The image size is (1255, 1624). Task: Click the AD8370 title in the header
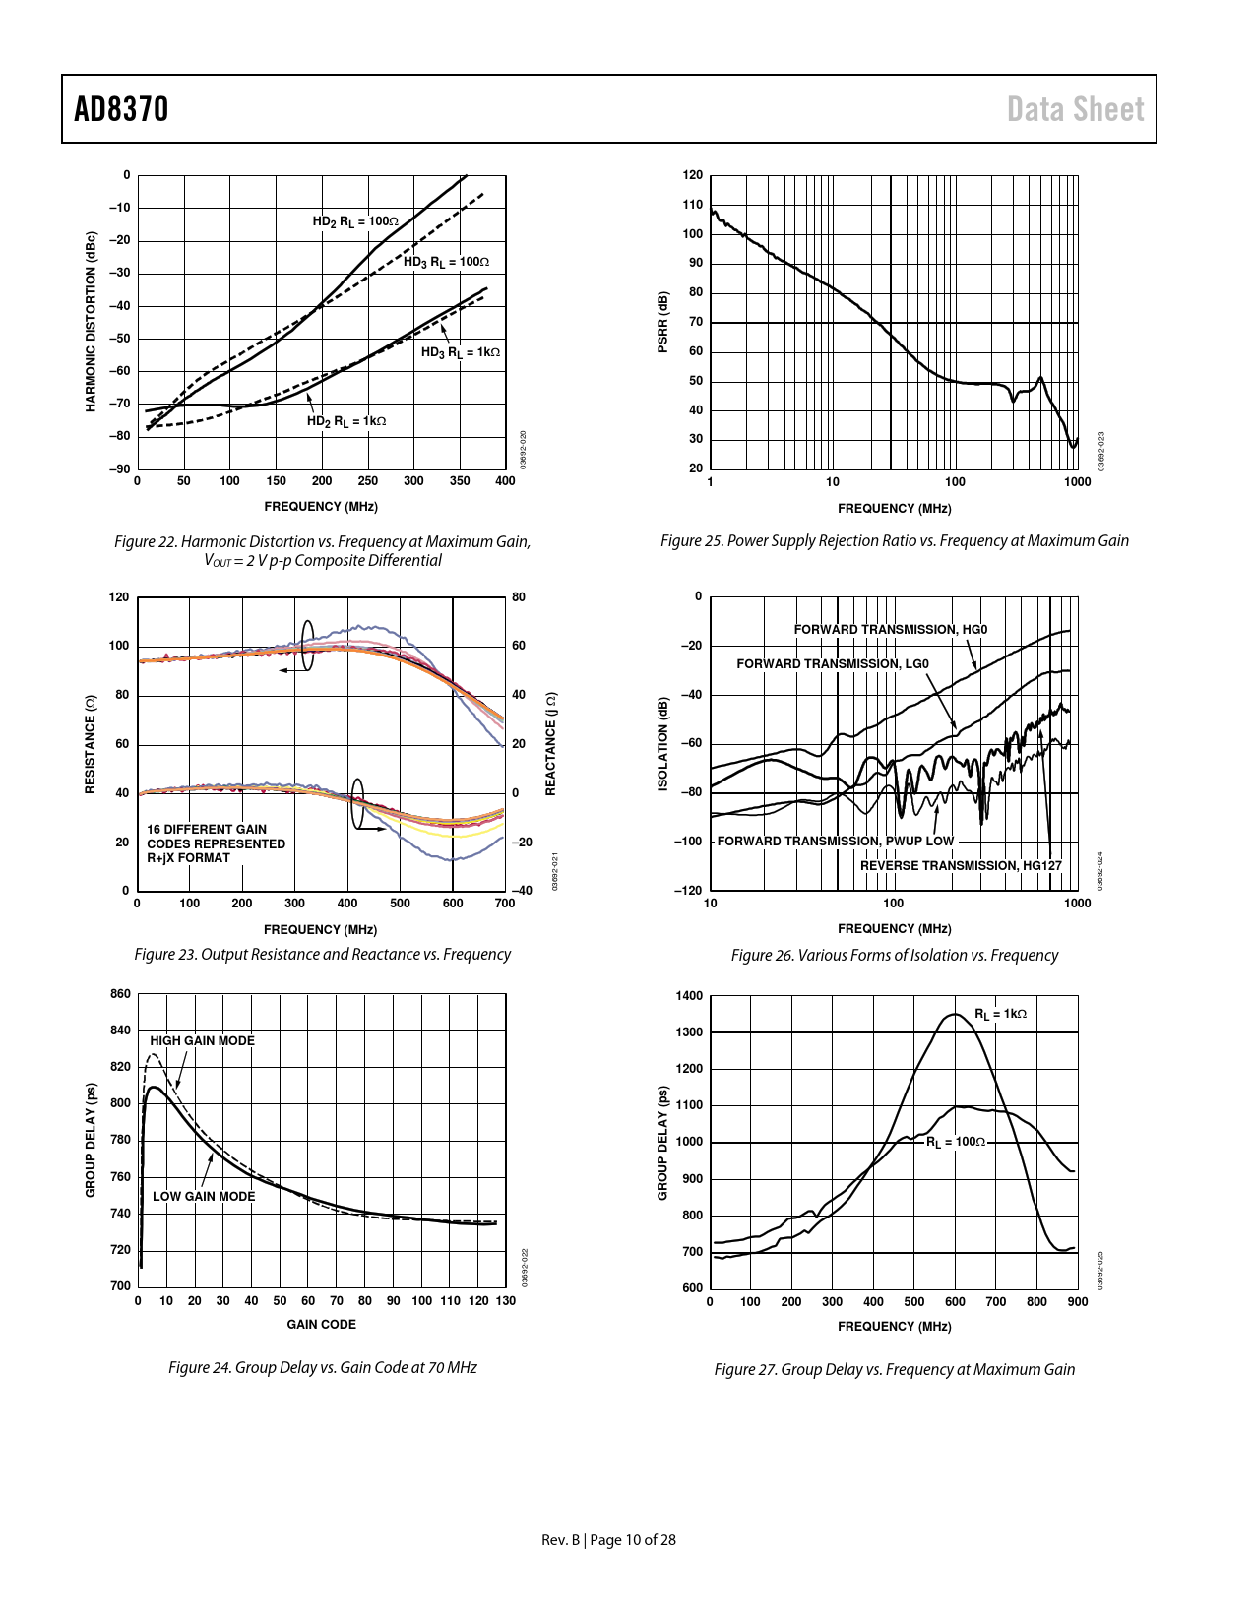pos(121,109)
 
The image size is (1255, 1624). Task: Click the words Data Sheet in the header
pos(1075,109)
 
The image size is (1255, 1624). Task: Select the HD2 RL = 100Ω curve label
pos(355,222)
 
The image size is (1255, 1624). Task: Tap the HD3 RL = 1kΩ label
pos(461,352)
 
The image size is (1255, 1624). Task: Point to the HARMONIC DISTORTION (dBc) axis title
pos(92,322)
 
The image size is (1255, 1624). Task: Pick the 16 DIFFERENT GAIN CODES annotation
pos(216,843)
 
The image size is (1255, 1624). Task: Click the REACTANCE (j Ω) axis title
pos(551,743)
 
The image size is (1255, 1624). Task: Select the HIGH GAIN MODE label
pos(202,1041)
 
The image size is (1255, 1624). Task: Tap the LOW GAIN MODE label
pos(203,1197)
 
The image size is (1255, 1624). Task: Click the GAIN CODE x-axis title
pos(321,1325)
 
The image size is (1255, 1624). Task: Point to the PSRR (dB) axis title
pos(663,322)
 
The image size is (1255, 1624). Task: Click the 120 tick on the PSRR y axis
pos(693,176)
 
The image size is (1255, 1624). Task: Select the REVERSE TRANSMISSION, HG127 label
pos(961,866)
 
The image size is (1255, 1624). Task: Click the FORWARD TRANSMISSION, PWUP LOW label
pos(835,842)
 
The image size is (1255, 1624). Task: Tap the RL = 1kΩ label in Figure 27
pos(1000,1014)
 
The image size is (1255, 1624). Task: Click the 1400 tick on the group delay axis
pos(690,996)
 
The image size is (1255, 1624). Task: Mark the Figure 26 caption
pos(894,956)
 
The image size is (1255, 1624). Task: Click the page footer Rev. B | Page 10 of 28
pos(608,1540)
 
